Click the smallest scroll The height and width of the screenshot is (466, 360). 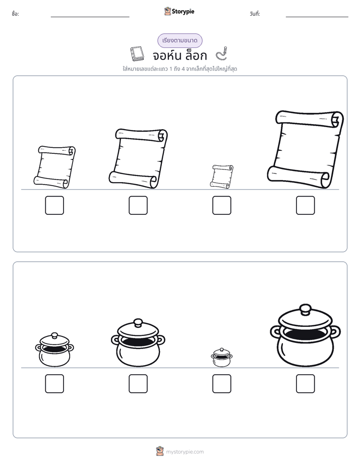coord(221,176)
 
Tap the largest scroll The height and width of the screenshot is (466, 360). coord(305,149)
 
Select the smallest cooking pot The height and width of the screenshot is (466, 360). coord(221,357)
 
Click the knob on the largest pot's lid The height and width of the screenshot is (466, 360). coord(305,309)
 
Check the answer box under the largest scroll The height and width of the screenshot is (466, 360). coord(306,205)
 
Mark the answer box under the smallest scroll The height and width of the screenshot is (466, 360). coord(221,205)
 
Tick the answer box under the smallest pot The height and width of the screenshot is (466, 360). coord(221,384)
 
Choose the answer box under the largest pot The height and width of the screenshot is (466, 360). coord(306,384)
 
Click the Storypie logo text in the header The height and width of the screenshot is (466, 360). coord(183,12)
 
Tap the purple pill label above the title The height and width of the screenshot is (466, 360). coord(179,40)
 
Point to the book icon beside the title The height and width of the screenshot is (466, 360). coord(137,54)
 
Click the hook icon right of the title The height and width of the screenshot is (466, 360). coord(222,53)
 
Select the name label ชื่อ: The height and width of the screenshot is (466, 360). coord(16,14)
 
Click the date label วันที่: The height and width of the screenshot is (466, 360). coord(255,14)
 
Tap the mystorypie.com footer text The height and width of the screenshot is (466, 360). coord(185,452)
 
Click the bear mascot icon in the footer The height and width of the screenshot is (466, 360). coord(160,451)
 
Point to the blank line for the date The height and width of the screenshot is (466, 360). coord(317,17)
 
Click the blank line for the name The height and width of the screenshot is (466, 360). coord(90,17)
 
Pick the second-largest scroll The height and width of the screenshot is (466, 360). coord(138,158)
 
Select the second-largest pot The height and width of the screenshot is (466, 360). coord(138,343)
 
